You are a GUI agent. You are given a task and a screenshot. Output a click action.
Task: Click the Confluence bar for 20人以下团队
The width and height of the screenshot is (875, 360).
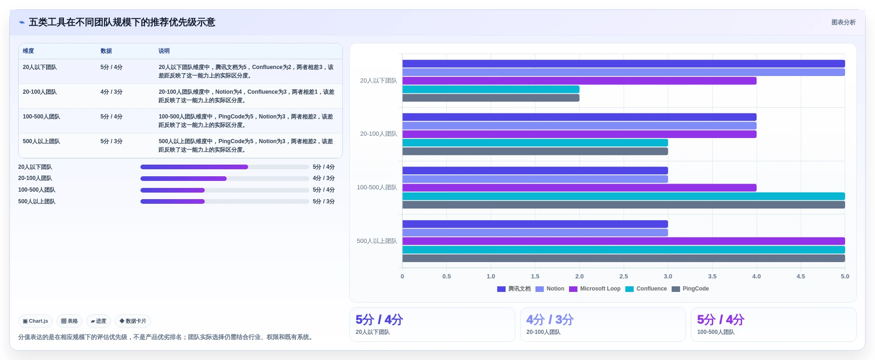point(491,89)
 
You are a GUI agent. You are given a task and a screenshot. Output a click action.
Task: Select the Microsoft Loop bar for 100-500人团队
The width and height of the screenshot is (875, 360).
point(579,187)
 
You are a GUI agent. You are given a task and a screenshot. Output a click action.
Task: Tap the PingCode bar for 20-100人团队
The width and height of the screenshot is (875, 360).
point(535,151)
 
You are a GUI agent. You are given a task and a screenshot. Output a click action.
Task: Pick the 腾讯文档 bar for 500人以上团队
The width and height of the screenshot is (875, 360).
point(535,224)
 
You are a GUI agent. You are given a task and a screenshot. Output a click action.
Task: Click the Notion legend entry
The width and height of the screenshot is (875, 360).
point(550,289)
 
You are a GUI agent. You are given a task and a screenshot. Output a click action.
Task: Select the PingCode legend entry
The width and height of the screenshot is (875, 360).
point(690,289)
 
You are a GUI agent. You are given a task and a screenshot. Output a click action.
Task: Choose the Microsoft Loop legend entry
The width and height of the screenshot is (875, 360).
point(595,289)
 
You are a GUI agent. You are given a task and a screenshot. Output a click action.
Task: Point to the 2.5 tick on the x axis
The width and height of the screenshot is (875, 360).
point(624,276)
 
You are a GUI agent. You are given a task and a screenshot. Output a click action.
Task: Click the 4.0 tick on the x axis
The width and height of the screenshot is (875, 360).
point(757,276)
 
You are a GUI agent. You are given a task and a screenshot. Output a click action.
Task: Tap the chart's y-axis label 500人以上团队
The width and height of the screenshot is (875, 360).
point(377,241)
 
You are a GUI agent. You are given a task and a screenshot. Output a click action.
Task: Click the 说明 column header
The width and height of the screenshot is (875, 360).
point(164,51)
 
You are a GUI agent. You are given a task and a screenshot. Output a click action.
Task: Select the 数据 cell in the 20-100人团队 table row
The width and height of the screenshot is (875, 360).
point(111,92)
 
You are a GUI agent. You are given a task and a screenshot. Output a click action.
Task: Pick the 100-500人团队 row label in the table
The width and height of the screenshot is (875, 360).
point(42,117)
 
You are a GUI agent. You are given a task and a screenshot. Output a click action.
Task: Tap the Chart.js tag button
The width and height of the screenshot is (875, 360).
point(35,321)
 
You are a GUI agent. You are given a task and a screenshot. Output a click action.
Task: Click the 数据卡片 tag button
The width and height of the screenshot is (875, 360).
point(133,321)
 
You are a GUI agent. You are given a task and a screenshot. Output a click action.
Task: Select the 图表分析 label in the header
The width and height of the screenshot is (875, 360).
point(843,22)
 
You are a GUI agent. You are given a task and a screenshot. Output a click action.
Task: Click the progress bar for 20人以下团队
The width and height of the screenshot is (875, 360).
point(225,167)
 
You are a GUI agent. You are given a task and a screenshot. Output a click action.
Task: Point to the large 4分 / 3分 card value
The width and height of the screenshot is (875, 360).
point(550,319)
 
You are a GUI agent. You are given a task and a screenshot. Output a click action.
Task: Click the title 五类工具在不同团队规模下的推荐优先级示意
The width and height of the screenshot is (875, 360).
point(122,22)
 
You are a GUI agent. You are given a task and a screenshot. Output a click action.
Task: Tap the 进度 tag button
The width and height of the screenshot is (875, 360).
point(98,321)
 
